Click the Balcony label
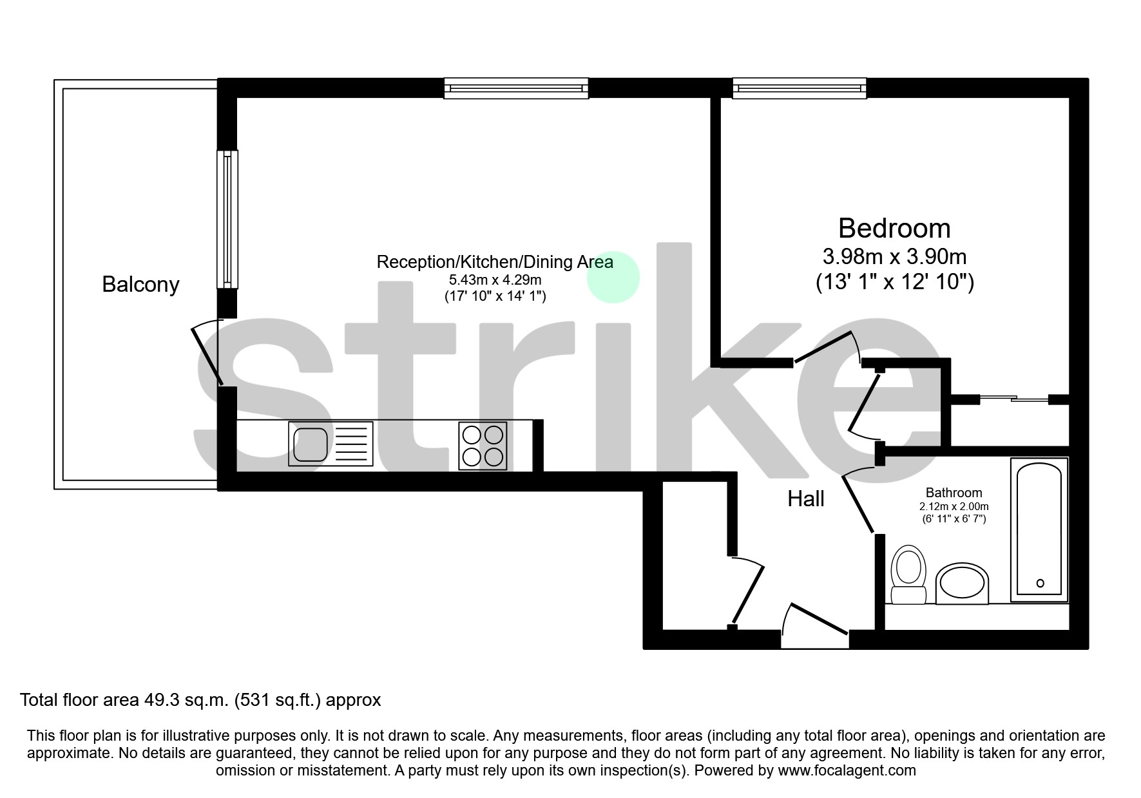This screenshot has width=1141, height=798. pos(140,284)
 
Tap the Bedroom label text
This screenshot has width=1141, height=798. pos(894,228)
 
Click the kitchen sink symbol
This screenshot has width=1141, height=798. pos(331,444)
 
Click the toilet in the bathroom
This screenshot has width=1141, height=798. pos(908,575)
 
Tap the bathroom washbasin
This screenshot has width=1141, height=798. pos(962,585)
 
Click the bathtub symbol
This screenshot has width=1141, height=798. pos(1039,529)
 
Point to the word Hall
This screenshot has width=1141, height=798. pos(806,499)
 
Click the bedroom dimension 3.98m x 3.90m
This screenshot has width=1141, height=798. pos(894,257)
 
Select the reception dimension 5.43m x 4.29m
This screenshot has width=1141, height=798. pos(495,280)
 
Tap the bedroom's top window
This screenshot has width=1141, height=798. pos(799,88)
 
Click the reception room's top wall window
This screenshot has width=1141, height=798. pos(516,88)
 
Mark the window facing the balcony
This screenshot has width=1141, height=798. pos(227,219)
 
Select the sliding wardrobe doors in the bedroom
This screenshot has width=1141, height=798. pos(1014,399)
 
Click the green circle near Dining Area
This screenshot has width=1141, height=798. pos(613,277)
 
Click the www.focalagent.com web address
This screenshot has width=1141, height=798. pos(847,770)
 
